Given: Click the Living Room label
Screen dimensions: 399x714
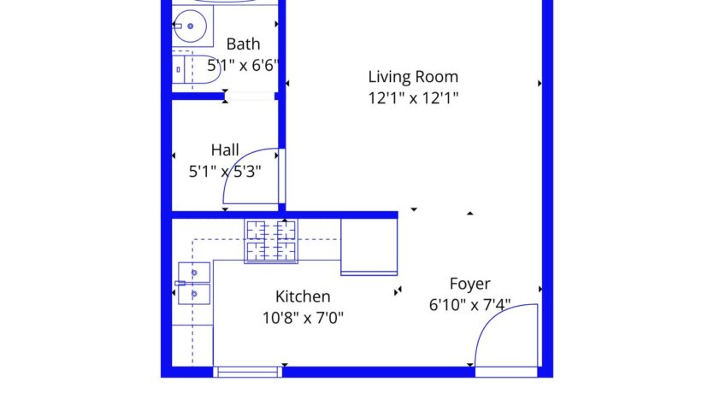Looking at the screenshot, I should tap(413, 77).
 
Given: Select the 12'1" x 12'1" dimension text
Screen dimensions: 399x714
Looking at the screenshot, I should tap(413, 97).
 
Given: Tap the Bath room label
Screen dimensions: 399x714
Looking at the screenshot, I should tap(243, 44).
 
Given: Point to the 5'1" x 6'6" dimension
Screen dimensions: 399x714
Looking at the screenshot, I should tap(244, 65).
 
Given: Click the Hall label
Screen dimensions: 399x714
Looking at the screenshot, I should tap(225, 150).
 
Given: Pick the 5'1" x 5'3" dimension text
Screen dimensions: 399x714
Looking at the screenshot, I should tap(225, 170).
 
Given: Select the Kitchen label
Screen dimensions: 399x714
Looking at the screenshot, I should tap(303, 296).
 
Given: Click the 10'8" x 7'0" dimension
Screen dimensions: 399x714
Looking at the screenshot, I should tap(303, 317).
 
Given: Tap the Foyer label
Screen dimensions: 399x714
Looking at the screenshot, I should tap(470, 284).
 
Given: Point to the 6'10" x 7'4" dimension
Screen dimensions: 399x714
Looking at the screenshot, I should tap(470, 304).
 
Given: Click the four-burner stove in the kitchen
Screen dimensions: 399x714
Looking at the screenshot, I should tap(271, 241).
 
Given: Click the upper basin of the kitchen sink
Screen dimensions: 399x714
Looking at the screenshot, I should tap(194, 273).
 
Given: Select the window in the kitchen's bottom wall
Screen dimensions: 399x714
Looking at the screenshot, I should tap(247, 372).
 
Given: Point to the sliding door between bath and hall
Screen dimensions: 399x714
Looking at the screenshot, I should tap(250, 97).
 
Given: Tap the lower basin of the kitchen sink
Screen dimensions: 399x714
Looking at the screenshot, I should tap(194, 295).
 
